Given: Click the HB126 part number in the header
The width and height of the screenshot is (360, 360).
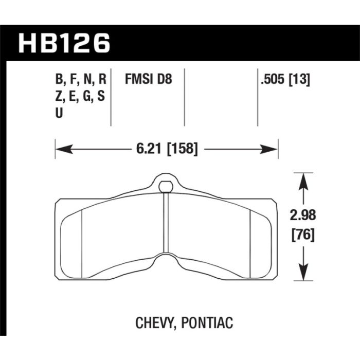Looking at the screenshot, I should point(65,44).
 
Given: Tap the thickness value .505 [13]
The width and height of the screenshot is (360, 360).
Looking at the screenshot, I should point(285,80).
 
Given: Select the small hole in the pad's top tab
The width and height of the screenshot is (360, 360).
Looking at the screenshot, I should point(166,186).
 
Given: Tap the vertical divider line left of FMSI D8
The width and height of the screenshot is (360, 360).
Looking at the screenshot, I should point(112,98).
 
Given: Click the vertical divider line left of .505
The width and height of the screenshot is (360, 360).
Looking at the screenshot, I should point(257,98).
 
